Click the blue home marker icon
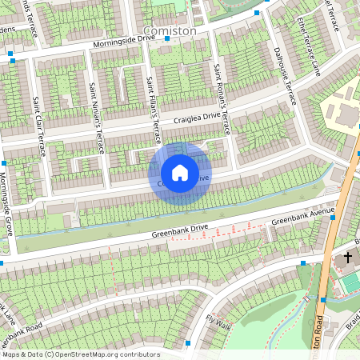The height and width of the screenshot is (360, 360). [x=180, y=173]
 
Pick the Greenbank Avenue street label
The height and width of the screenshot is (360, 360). [x=302, y=217]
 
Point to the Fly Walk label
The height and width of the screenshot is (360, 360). [x=218, y=321]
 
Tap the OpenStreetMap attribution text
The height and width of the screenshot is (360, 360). [x=80, y=354]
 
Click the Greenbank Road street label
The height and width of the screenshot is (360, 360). [x=32, y=330]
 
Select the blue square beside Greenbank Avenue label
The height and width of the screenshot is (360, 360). [x=333, y=217]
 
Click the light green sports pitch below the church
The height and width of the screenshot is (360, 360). [x=350, y=282]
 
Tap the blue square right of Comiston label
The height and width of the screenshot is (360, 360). [x=257, y=14]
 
